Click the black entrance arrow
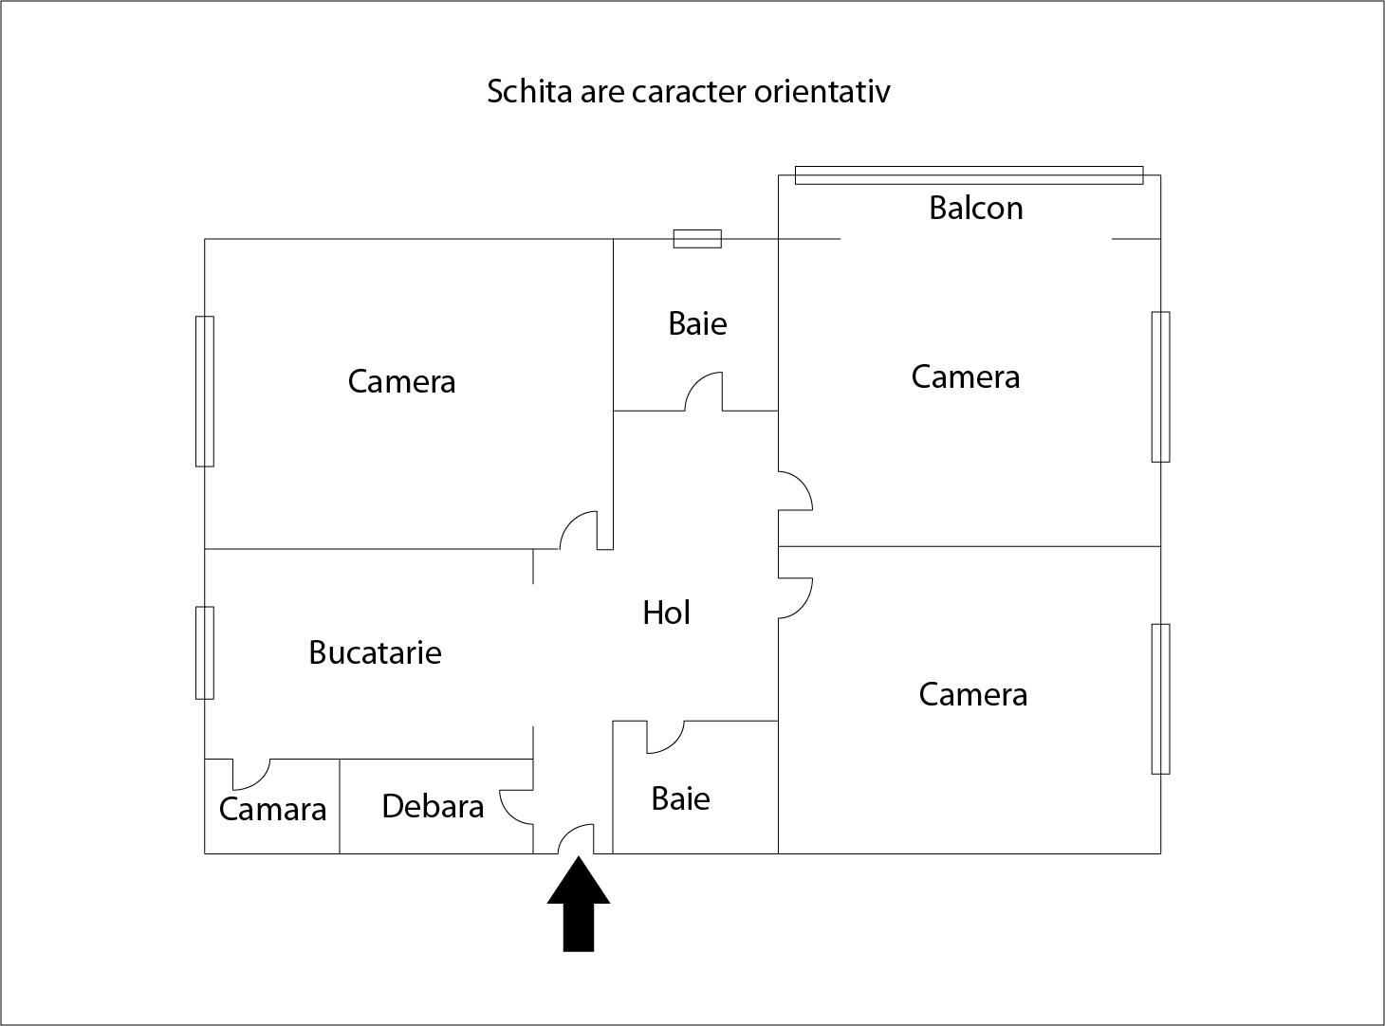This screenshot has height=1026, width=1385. pos(579,905)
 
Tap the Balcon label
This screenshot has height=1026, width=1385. pos(976,208)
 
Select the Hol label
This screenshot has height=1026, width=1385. pos(666,613)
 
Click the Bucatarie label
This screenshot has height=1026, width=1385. pos(376,652)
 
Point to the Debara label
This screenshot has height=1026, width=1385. pos(433,806)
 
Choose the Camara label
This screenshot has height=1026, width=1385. pos(273,809)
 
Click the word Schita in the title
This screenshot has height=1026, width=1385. pos(529,91)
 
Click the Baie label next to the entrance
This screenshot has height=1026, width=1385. pos(680,798)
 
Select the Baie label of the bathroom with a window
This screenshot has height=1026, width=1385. pos(697,323)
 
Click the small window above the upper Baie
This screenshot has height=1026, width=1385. pos(697,239)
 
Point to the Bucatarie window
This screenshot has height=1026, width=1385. pos(205,652)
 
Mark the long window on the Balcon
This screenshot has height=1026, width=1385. pos(969,175)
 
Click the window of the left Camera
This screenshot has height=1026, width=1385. pos(205,392)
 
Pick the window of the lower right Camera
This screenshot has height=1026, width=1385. pos(1161,699)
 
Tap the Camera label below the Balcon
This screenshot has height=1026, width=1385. pos(966,376)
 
